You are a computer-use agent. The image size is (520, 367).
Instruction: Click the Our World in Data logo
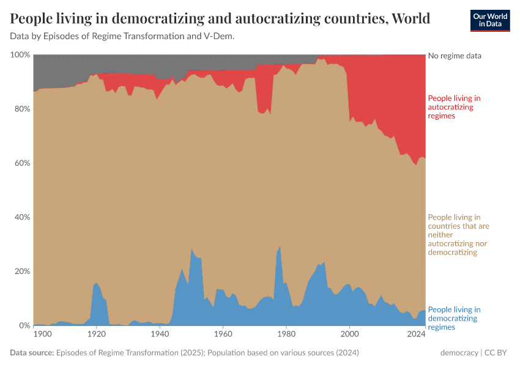click(490, 20)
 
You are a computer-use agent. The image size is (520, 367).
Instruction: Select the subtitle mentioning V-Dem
click(122, 36)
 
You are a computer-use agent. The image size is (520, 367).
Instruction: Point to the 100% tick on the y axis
click(20, 55)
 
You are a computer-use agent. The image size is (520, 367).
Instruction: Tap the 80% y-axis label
click(22, 109)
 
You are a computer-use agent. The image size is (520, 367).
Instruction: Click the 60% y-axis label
click(22, 163)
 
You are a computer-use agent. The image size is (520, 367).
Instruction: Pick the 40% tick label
click(22, 217)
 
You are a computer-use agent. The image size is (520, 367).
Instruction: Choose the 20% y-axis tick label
click(22, 272)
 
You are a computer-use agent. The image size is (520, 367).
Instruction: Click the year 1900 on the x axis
click(42, 335)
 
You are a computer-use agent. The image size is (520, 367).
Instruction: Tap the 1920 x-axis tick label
click(96, 335)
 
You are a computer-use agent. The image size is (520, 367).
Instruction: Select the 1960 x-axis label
click(223, 335)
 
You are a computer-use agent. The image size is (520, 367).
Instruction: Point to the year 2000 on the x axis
click(349, 335)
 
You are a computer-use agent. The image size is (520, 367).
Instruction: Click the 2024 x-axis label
click(416, 335)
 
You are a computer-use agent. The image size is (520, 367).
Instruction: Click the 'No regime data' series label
click(455, 56)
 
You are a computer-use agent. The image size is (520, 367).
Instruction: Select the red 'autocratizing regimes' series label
click(454, 106)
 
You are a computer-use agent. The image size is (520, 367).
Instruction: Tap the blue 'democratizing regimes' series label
click(454, 318)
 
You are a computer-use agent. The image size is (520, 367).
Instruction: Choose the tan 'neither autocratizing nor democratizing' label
click(458, 235)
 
